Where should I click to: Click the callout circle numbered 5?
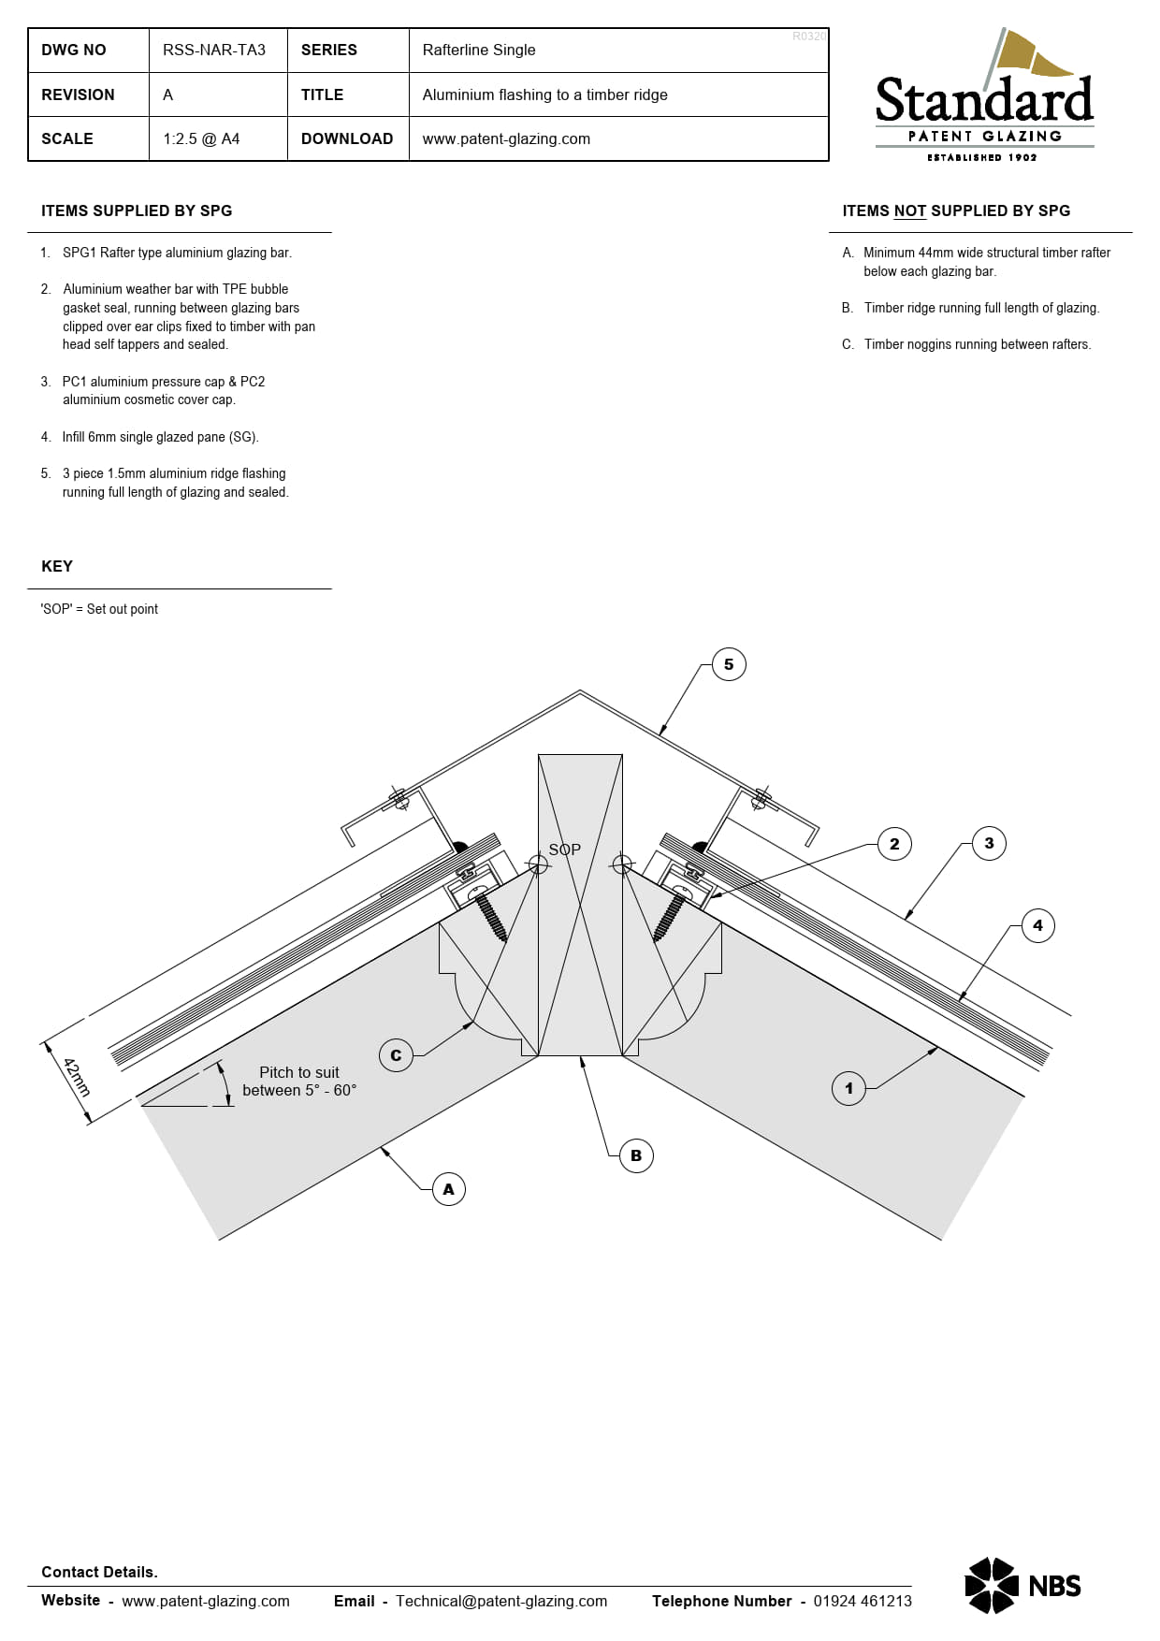[729, 665]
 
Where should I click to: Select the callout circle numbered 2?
[894, 844]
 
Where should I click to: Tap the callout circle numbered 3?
[989, 843]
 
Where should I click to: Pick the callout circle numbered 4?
[1037, 925]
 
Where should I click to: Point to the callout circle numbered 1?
[848, 1088]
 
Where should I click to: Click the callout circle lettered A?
[448, 1189]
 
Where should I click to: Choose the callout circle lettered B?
[636, 1155]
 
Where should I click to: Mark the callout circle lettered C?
[396, 1055]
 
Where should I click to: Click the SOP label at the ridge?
[564, 850]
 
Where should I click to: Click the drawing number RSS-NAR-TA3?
[214, 50]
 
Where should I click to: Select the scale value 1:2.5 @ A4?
[201, 138]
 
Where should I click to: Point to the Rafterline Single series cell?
[479, 50]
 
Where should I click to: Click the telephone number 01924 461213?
[863, 1601]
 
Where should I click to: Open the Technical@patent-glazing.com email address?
[501, 1601]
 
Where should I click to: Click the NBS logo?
[1022, 1586]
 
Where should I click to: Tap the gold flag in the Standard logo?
[1030, 54]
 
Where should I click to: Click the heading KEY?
[57, 566]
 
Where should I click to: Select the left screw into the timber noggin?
[490, 914]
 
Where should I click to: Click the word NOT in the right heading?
[909, 211]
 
